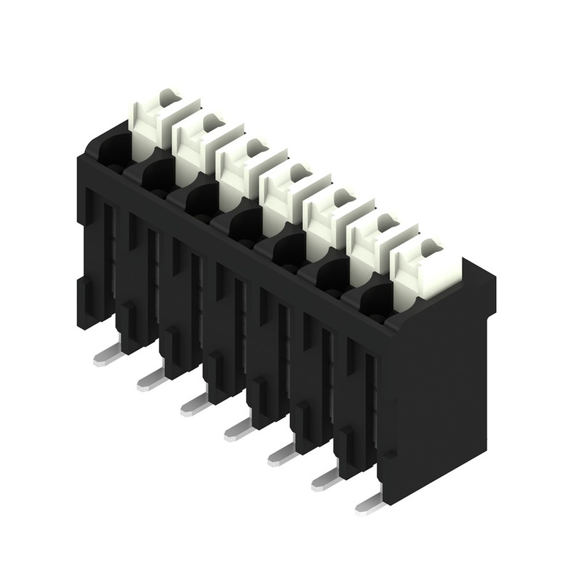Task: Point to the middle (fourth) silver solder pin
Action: point(239,430)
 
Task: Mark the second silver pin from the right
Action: point(326,480)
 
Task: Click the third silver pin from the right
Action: point(282,455)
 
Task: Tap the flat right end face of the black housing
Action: point(442,395)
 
